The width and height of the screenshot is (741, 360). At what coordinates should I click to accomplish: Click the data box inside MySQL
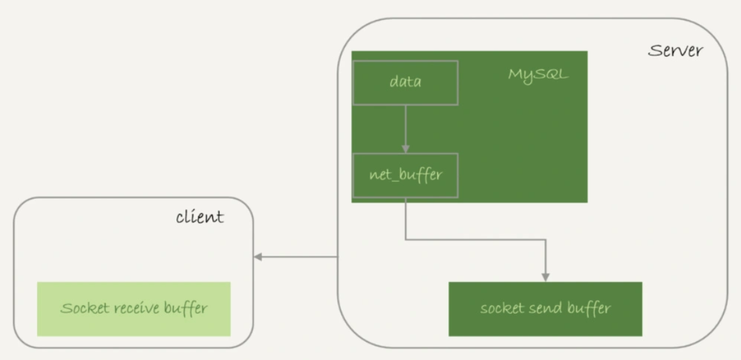[405, 82]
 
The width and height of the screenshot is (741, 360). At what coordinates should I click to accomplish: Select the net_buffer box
[405, 175]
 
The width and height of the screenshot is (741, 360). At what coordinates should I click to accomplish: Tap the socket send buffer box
[545, 309]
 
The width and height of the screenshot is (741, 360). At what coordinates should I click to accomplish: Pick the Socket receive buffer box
[134, 309]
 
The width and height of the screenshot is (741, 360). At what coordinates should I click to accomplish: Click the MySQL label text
[538, 74]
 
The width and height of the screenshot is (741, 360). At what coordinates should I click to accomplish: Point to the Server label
[675, 51]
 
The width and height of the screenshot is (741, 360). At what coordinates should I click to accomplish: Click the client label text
[200, 217]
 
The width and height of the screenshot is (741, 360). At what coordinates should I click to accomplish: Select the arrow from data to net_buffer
[405, 128]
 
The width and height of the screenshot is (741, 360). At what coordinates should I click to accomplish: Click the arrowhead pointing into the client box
[258, 257]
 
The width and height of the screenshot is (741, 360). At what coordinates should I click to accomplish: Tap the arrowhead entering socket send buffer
[545, 277]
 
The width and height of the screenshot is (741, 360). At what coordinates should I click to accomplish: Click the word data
[405, 82]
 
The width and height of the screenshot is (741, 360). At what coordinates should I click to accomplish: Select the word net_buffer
[405, 175]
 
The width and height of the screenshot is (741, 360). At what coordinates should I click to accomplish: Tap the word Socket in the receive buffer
[83, 309]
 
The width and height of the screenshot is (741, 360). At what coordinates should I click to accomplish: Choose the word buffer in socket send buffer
[588, 309]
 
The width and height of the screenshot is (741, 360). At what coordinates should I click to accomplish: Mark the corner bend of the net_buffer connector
[405, 240]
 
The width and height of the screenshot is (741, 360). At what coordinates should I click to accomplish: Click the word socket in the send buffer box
[502, 309]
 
